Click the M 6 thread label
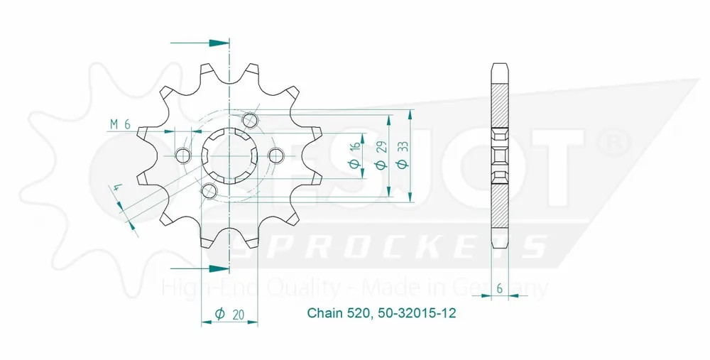119,124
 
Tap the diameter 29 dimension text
381,155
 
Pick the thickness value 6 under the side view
501,289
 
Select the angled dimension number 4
116,190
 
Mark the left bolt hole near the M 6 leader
182,156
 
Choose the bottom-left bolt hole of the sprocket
209,190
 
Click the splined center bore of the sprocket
229,155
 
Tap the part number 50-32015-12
410,313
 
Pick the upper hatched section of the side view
501,99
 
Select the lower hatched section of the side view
501,209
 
